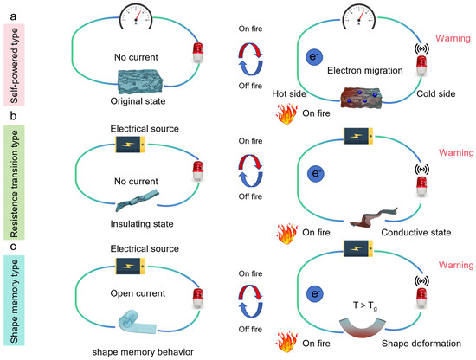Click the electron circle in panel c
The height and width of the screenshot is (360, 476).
316,296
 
